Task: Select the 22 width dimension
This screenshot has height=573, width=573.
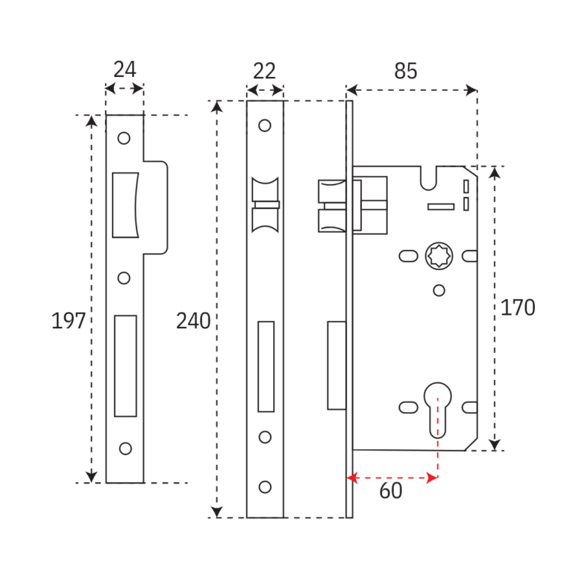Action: pos(264,71)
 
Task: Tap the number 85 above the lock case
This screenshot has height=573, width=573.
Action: pos(405,71)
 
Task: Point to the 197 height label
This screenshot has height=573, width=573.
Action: pos(68,321)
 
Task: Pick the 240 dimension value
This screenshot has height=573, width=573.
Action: pos(193,321)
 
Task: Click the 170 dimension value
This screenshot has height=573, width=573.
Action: pos(517,307)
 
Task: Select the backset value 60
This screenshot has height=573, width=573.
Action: pos(390,491)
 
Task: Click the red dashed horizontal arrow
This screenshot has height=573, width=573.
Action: pos(392,477)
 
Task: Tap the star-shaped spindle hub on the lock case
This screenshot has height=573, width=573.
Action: pos(438,257)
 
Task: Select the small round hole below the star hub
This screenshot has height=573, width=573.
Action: pos(439,290)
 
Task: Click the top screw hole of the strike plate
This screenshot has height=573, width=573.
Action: pos(124,138)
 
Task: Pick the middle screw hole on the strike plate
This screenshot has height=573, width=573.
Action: pos(124,278)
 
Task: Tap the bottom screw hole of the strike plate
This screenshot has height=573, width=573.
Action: pos(125,448)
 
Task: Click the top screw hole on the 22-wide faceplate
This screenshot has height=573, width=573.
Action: pos(265,125)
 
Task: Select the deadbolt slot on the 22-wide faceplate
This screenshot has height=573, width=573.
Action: pos(266,366)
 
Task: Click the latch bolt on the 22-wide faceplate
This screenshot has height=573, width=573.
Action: pos(266,205)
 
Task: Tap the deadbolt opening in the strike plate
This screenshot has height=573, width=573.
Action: pos(125,366)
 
